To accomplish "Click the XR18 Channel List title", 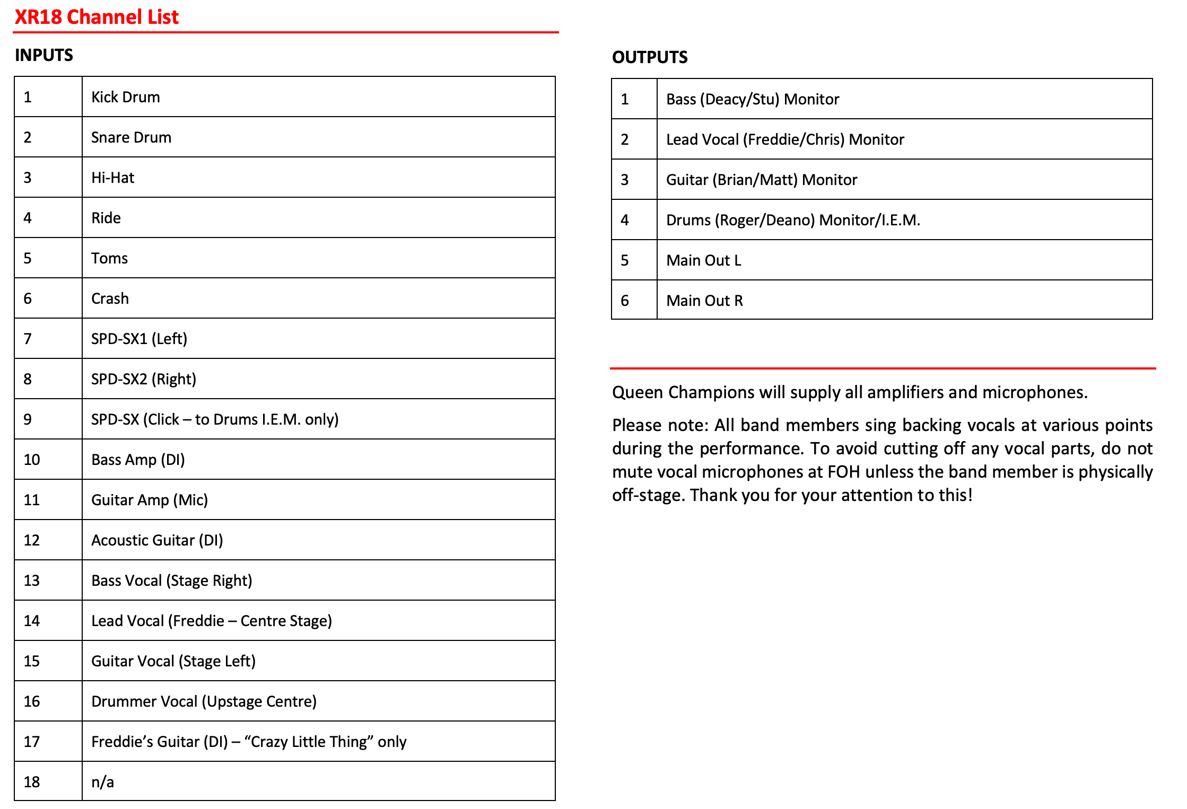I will [x=97, y=17].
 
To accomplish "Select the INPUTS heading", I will [x=44, y=55].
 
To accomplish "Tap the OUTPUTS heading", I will [x=649, y=57].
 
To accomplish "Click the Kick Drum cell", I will [x=126, y=97].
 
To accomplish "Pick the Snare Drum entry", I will [x=131, y=137].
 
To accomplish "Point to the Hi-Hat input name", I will [x=112, y=178].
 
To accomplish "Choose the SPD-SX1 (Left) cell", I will [x=139, y=339].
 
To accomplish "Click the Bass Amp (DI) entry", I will [x=138, y=460].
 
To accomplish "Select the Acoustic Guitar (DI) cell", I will [x=157, y=540].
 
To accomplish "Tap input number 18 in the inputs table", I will [x=32, y=782].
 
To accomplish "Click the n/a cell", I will [x=102, y=782].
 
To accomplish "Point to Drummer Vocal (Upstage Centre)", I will [x=204, y=701].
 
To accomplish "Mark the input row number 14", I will [x=32, y=621].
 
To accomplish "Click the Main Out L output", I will [x=703, y=260].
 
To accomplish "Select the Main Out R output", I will [x=704, y=301].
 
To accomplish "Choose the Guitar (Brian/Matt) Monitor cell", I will [x=761, y=180].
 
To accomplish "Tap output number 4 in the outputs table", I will [x=625, y=220].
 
